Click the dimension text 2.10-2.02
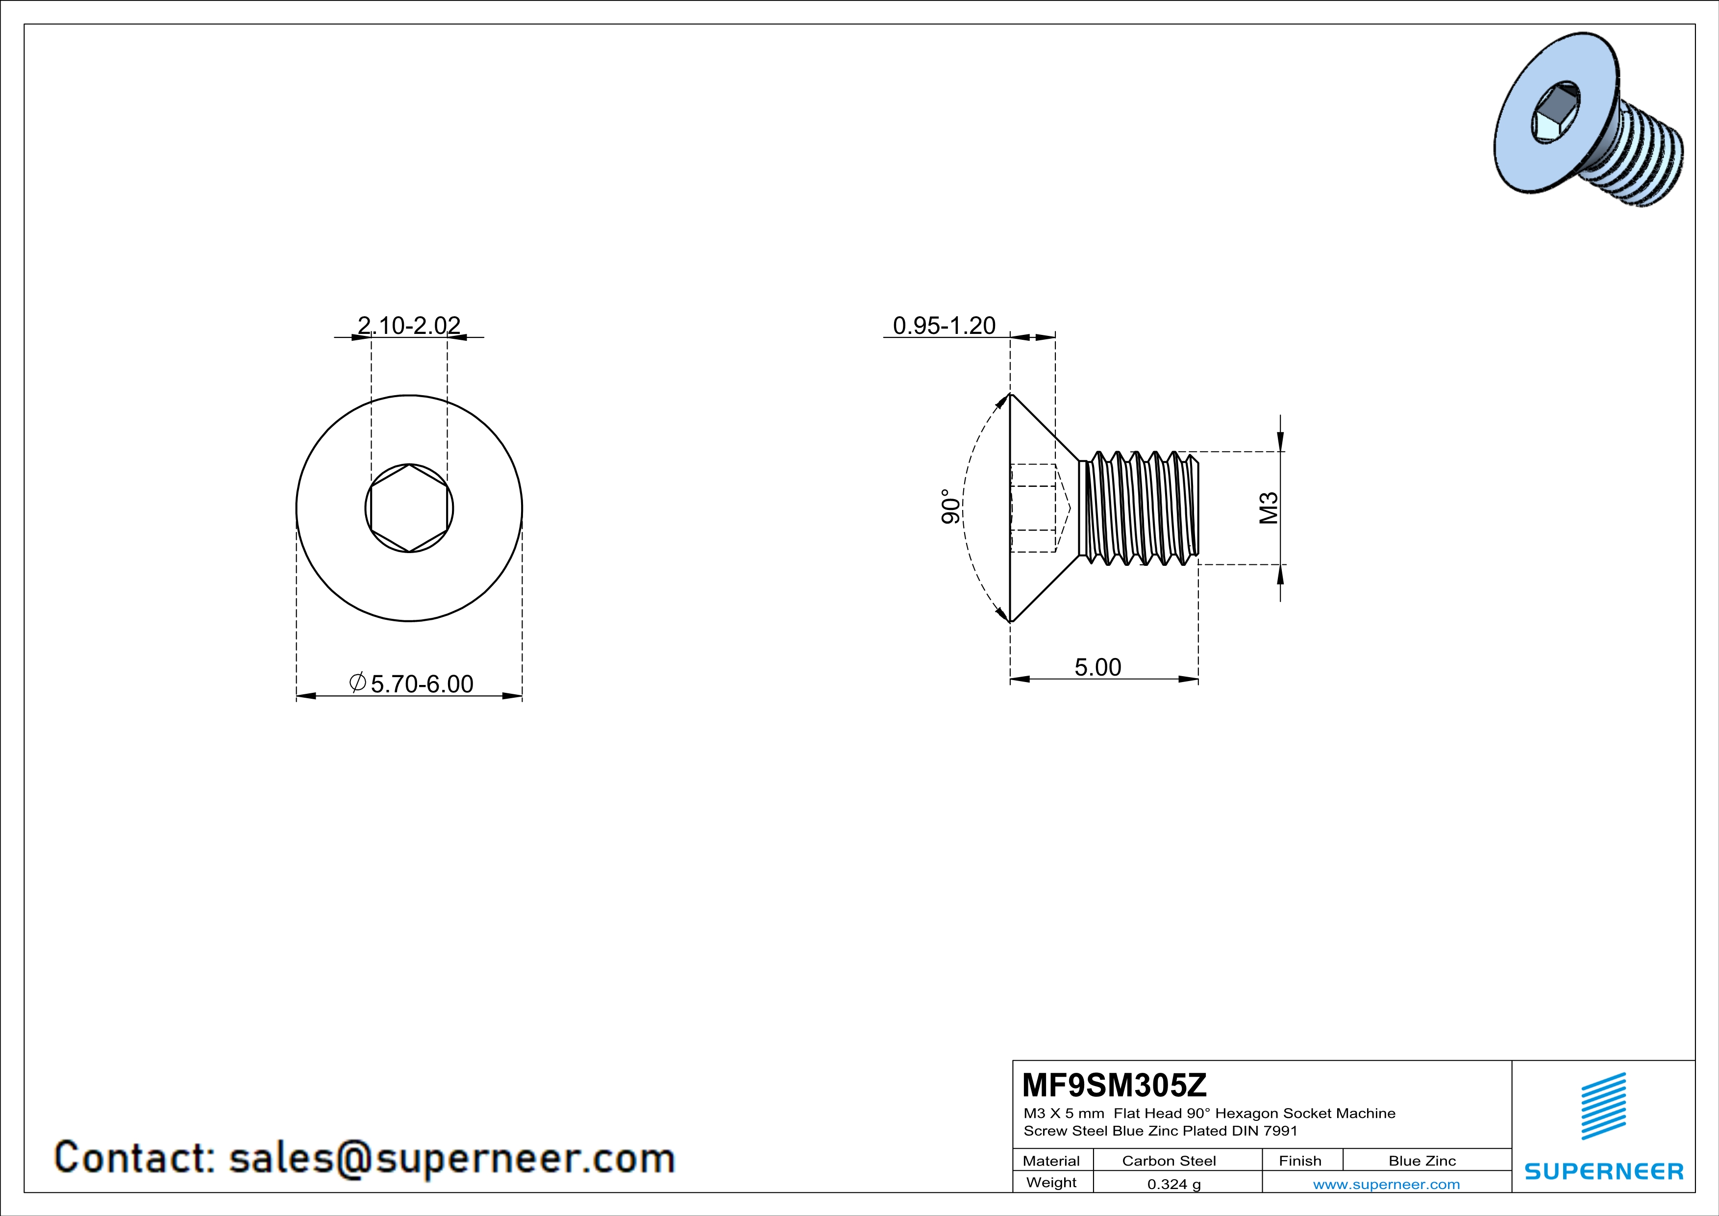click(x=409, y=325)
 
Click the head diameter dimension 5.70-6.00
click(x=422, y=684)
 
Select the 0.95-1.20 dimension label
click(x=944, y=325)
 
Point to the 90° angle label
click(x=950, y=507)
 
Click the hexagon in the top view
click(x=410, y=508)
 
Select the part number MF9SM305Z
click(x=1114, y=1084)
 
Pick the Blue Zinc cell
click(x=1422, y=1161)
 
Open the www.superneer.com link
click(x=1386, y=1184)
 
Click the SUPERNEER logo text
click(x=1604, y=1171)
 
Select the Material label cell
click(x=1051, y=1161)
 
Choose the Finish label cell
click(x=1300, y=1161)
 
